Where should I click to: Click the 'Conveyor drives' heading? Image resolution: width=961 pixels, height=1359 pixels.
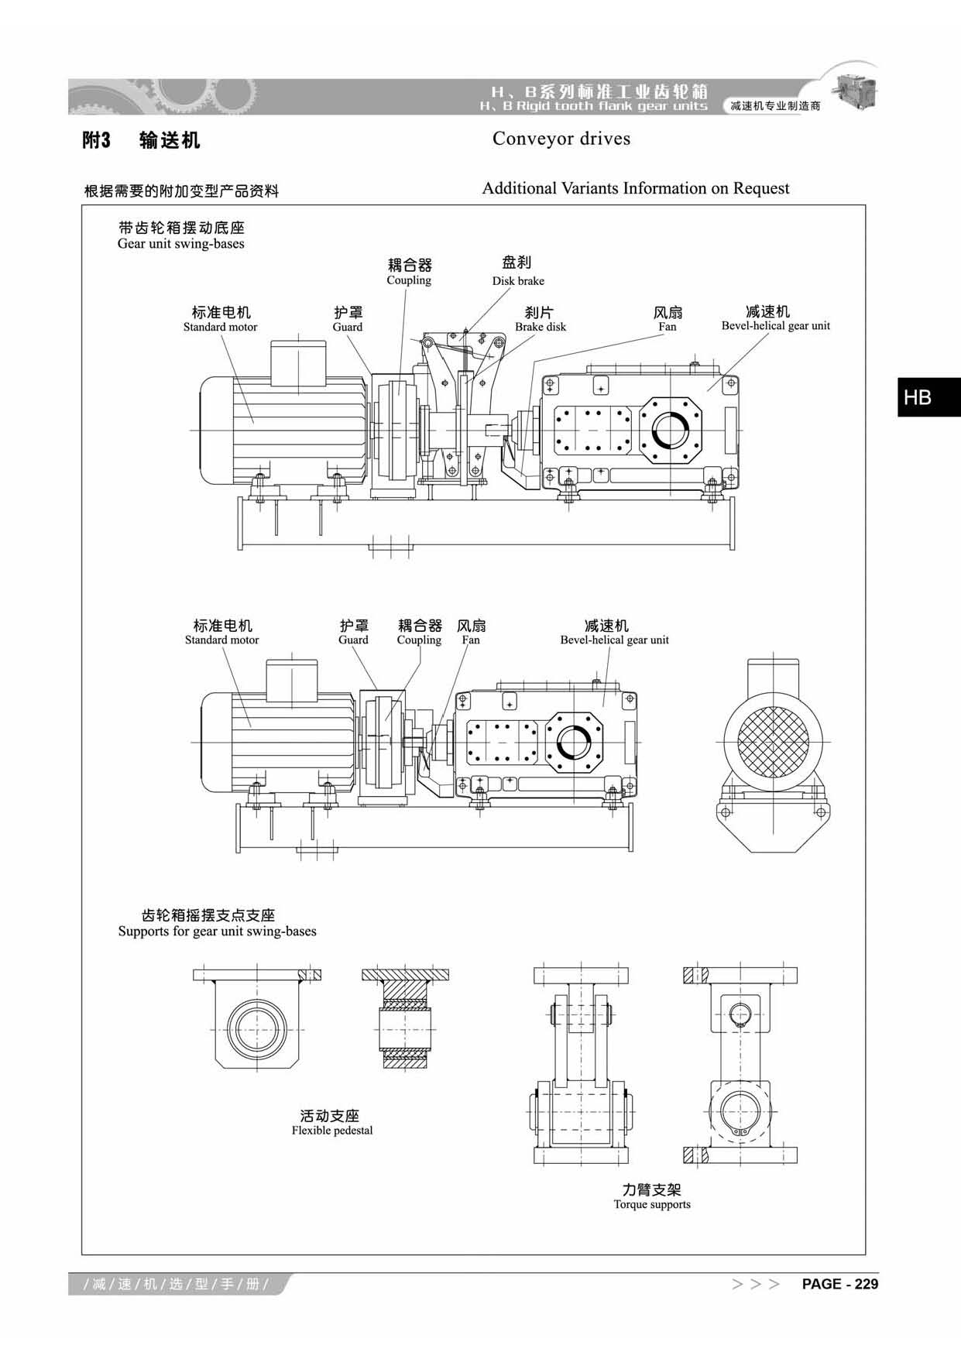(x=561, y=139)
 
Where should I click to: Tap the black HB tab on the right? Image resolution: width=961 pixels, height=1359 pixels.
(x=918, y=397)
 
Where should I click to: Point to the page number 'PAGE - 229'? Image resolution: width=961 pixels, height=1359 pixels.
(x=839, y=1284)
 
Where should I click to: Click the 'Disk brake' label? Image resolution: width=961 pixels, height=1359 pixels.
(x=518, y=281)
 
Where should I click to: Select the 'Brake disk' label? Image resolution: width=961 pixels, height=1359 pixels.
(x=541, y=327)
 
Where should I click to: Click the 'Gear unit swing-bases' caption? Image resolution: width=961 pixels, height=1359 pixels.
(x=180, y=244)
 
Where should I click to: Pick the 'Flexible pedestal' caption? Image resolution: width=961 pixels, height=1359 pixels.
(x=331, y=1131)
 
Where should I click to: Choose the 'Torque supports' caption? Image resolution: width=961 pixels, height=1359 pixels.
(x=651, y=1204)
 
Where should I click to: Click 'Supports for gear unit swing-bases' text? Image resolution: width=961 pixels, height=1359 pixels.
(x=217, y=932)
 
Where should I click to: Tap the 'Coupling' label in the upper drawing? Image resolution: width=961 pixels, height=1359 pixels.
(x=409, y=280)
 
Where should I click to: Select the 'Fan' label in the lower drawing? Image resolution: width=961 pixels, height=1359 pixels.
(x=471, y=640)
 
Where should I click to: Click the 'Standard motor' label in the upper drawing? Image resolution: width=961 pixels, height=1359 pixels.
(x=220, y=327)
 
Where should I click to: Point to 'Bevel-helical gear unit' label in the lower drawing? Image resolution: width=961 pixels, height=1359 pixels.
(x=614, y=640)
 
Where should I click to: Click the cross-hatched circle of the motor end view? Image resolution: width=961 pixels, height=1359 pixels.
(x=773, y=741)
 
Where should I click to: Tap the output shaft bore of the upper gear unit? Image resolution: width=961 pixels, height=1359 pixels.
(x=671, y=431)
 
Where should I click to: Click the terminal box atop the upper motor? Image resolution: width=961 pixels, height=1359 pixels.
(x=297, y=359)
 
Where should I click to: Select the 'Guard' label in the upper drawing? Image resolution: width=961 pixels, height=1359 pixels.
(x=348, y=327)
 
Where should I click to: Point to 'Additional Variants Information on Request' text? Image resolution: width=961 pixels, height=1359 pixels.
(x=635, y=188)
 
